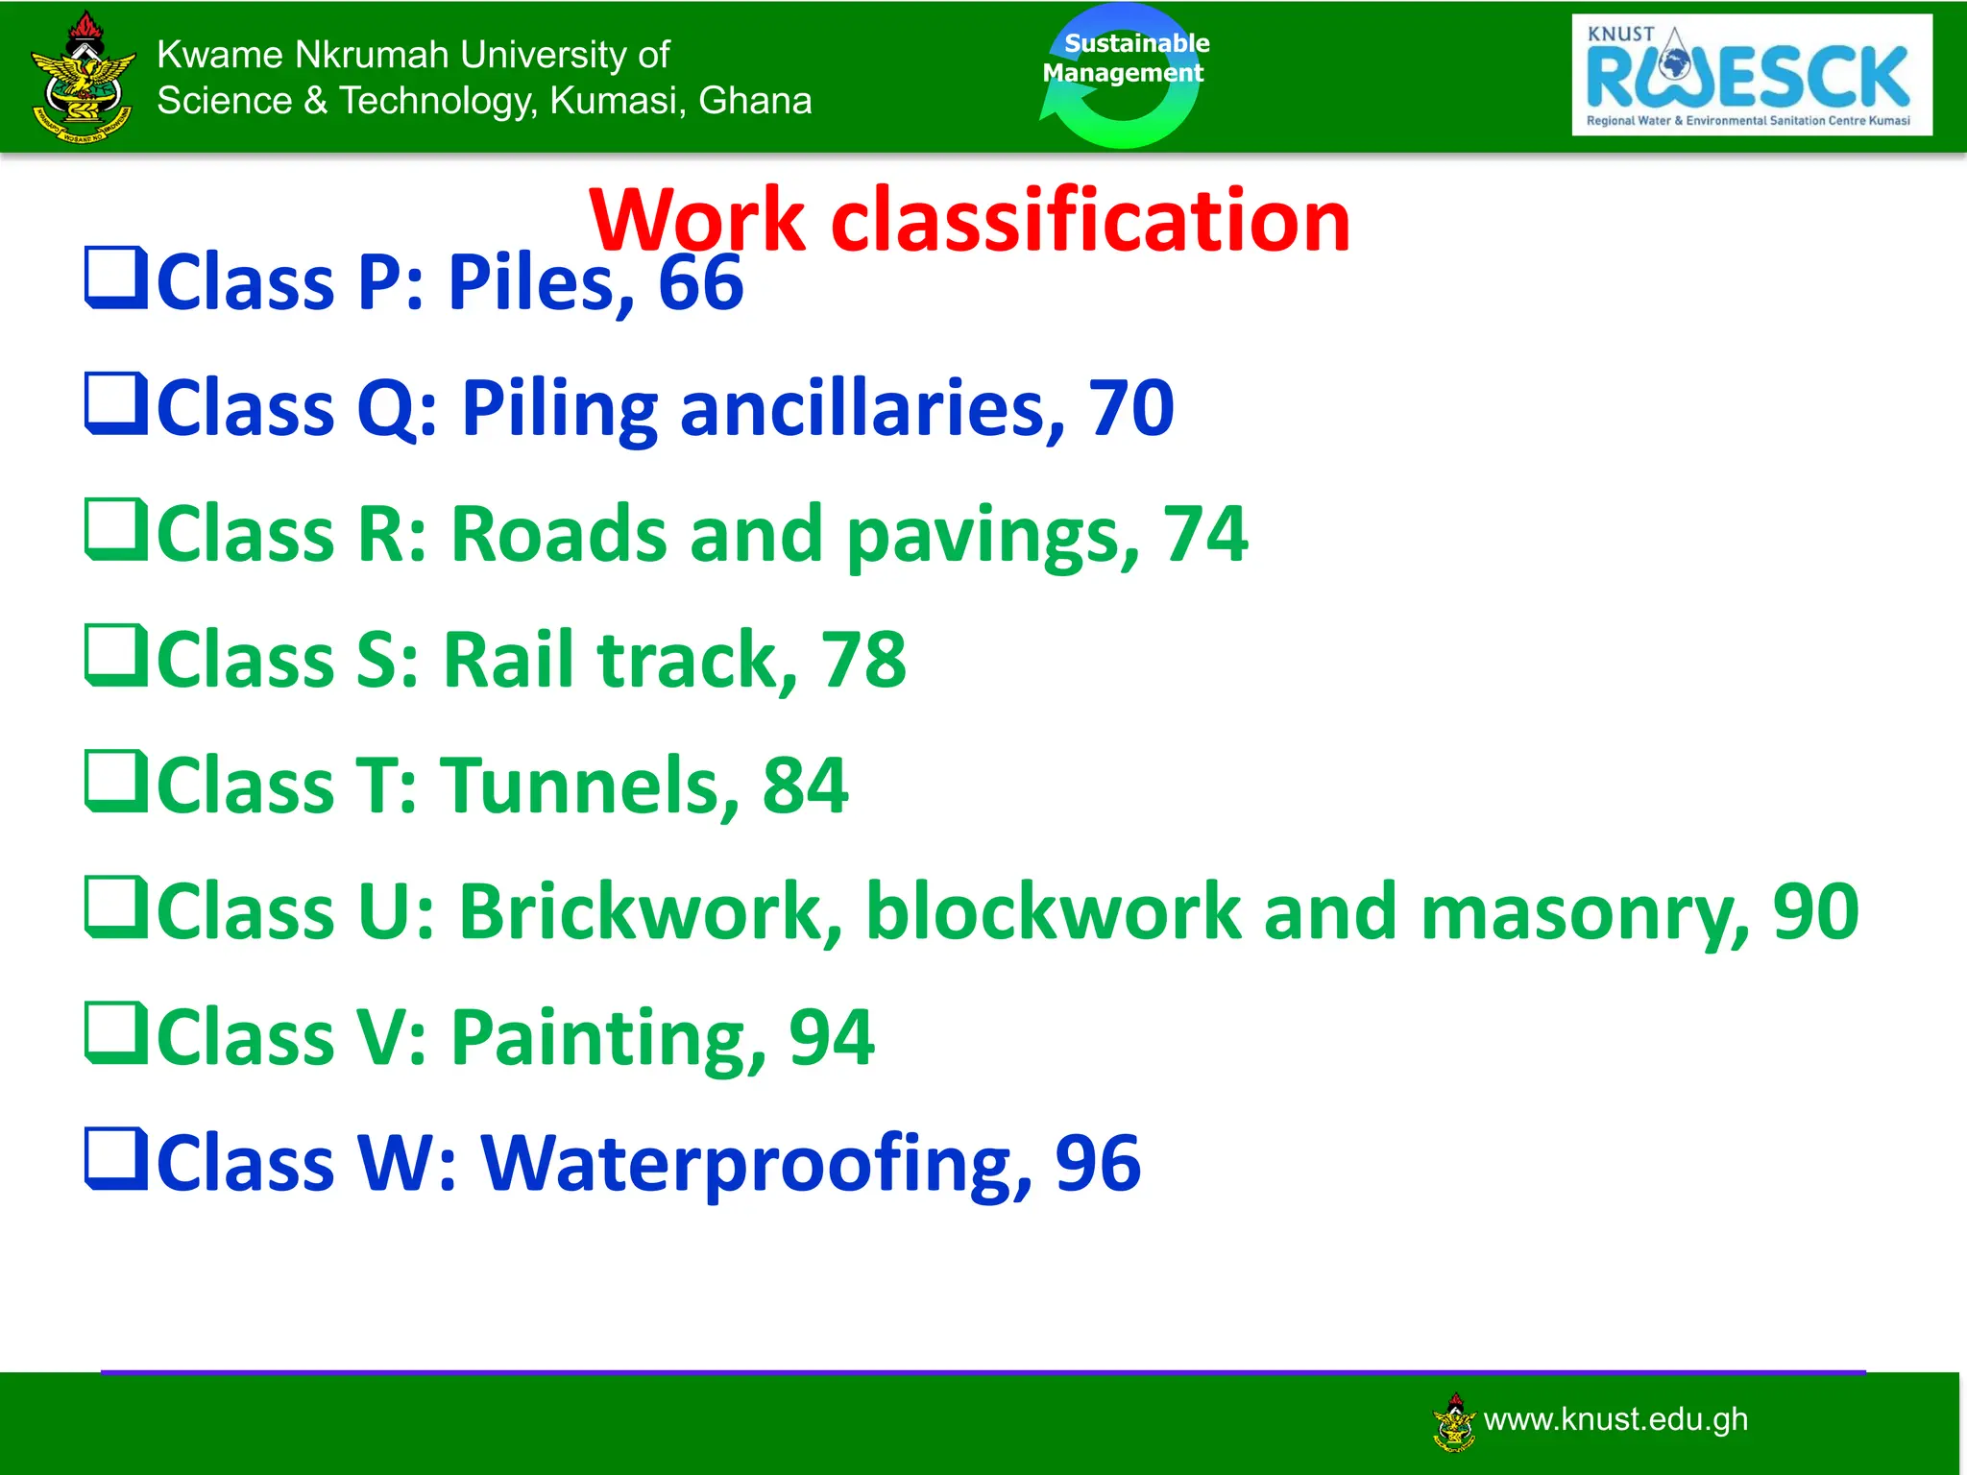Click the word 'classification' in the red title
1090,221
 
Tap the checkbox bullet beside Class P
116,278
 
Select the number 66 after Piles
700,283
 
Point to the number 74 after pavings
1205,534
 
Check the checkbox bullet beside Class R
116,529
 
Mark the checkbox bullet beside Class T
116,781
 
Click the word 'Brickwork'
650,911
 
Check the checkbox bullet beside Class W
116,1158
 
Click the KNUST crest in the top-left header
84,77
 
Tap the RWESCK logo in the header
1751,75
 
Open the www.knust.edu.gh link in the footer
1615,1419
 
